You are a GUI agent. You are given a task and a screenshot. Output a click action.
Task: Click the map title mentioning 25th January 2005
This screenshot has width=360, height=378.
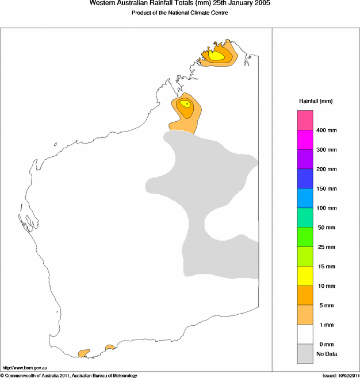(179, 3)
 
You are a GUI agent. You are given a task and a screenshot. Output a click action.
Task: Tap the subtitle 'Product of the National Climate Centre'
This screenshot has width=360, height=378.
(179, 13)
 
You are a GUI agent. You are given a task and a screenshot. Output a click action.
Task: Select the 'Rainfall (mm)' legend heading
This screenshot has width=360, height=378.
(315, 101)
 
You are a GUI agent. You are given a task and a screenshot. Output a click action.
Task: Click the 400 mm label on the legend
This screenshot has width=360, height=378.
(326, 130)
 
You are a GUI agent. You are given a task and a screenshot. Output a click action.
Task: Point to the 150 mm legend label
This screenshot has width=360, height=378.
(326, 188)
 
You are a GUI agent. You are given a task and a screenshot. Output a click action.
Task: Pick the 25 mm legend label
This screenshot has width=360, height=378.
(326, 247)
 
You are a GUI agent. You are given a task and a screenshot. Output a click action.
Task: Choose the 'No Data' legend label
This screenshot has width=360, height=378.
(327, 354)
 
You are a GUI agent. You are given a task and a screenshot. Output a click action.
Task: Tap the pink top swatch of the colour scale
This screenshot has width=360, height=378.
(305, 121)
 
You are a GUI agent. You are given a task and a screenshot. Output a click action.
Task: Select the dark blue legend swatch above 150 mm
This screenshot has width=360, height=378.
(305, 179)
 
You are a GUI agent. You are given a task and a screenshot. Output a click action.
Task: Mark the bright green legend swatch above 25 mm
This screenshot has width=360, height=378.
(305, 237)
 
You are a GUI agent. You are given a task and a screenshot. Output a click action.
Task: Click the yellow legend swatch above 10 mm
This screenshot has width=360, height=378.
(305, 276)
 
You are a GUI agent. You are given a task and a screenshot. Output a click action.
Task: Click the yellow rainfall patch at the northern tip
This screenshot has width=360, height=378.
(217, 56)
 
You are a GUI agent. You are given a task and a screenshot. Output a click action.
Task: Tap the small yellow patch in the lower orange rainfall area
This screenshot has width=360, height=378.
(185, 104)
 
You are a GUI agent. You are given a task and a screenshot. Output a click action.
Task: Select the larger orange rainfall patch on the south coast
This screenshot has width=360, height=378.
(85, 352)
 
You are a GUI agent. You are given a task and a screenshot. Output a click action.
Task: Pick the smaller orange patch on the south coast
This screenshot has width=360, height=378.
(109, 348)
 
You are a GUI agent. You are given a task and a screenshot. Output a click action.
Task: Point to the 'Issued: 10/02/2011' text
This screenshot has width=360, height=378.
(340, 375)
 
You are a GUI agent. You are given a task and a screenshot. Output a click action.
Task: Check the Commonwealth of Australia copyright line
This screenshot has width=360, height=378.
(69, 375)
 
